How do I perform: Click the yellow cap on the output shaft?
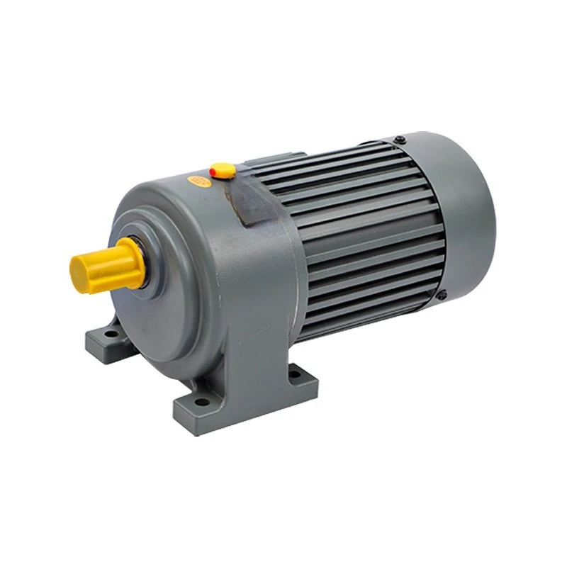106,265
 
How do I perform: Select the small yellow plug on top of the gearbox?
223,170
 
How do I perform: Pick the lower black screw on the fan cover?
442,295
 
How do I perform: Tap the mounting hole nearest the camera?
203,401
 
